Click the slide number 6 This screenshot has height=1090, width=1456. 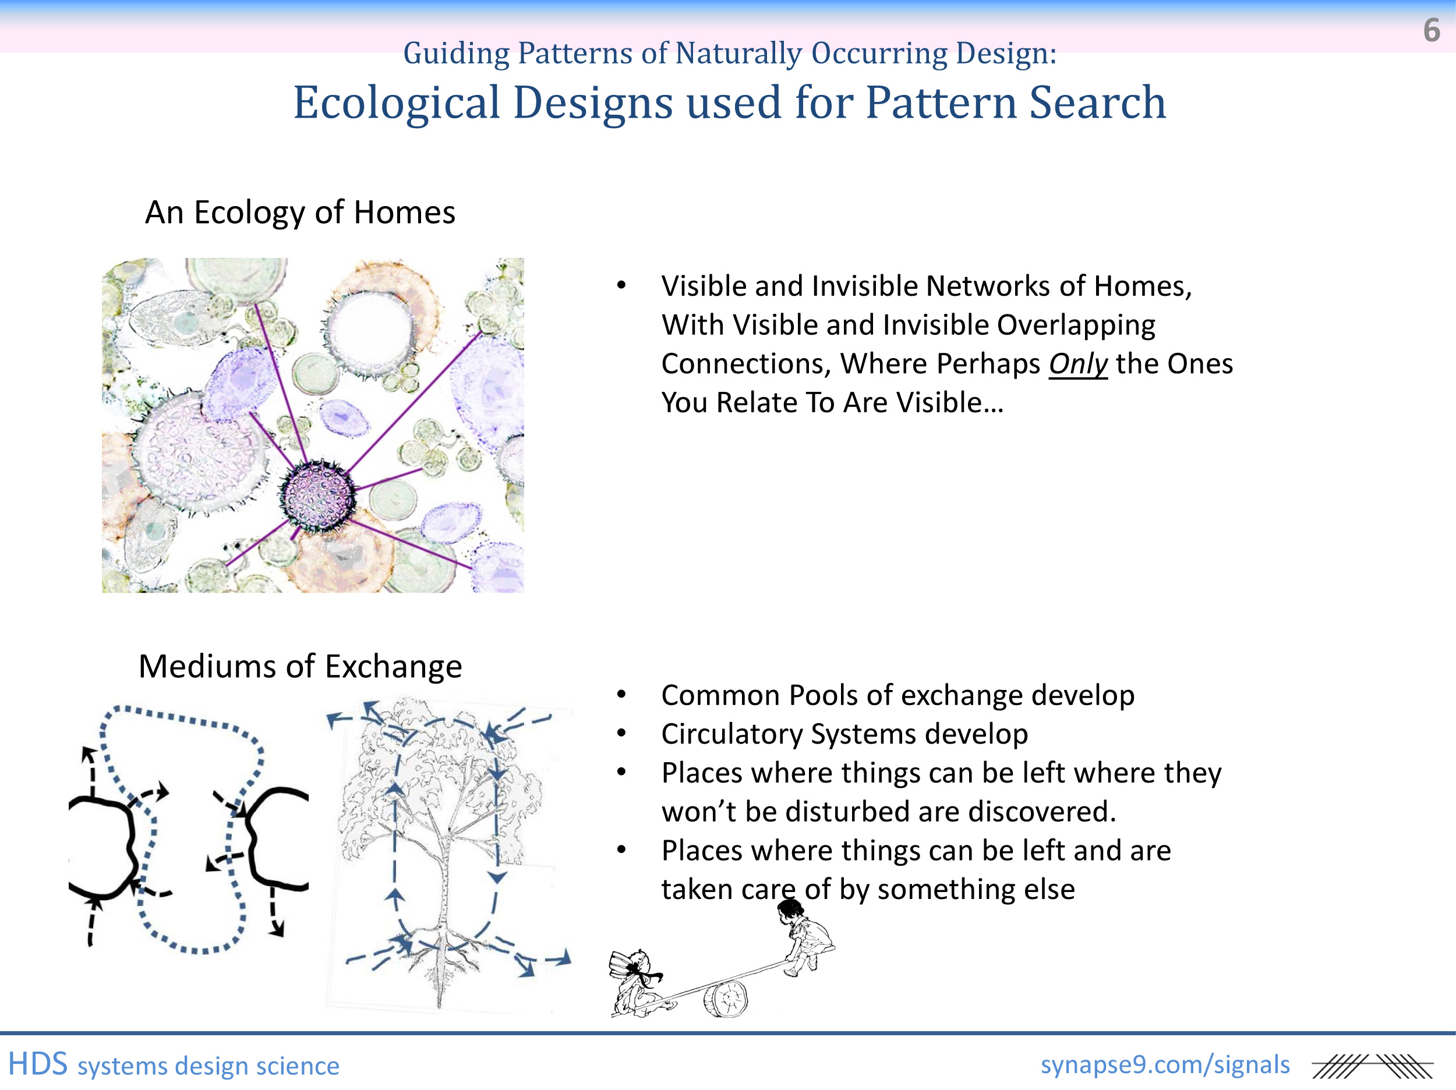[1431, 30]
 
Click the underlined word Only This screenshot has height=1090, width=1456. [1077, 364]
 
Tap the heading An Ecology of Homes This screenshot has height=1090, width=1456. [300, 213]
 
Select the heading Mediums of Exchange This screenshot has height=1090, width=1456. [300, 666]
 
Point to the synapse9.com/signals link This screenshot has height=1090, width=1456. [1165, 1064]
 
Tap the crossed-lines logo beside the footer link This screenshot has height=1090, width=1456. [1372, 1066]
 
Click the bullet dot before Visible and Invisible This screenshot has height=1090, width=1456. [621, 286]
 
